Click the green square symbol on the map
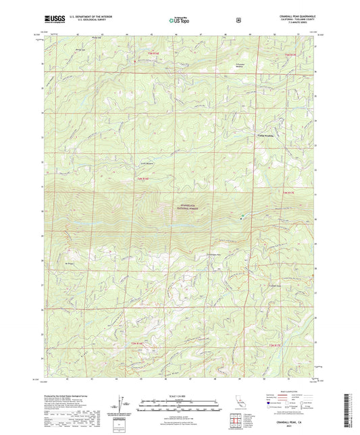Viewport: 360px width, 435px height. [243, 215]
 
